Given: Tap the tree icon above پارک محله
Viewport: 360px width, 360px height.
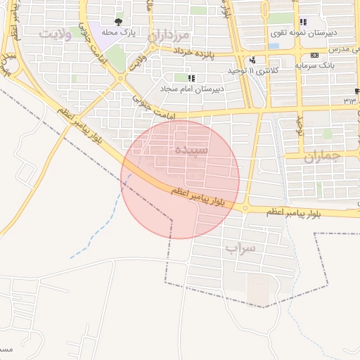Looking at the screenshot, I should click(118, 22).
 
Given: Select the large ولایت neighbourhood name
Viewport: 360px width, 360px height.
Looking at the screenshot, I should click(56, 34).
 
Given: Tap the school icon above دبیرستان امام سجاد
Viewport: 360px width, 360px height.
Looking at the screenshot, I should click(191, 78).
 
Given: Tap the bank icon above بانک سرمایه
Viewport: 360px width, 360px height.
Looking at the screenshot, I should click(314, 55).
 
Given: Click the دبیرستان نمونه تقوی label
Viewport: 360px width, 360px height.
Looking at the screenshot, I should click(298, 32).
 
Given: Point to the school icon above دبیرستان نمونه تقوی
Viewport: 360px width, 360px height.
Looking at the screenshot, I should click(303, 22).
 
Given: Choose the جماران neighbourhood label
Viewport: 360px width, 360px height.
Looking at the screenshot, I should click(322, 157).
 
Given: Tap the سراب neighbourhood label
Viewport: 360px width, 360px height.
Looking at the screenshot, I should click(240, 248).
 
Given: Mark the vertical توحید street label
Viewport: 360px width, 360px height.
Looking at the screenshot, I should click(299, 126).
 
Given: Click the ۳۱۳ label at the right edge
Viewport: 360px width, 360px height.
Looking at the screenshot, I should click(350, 101).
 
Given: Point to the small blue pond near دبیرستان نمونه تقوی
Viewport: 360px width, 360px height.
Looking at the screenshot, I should click(273, 46).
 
